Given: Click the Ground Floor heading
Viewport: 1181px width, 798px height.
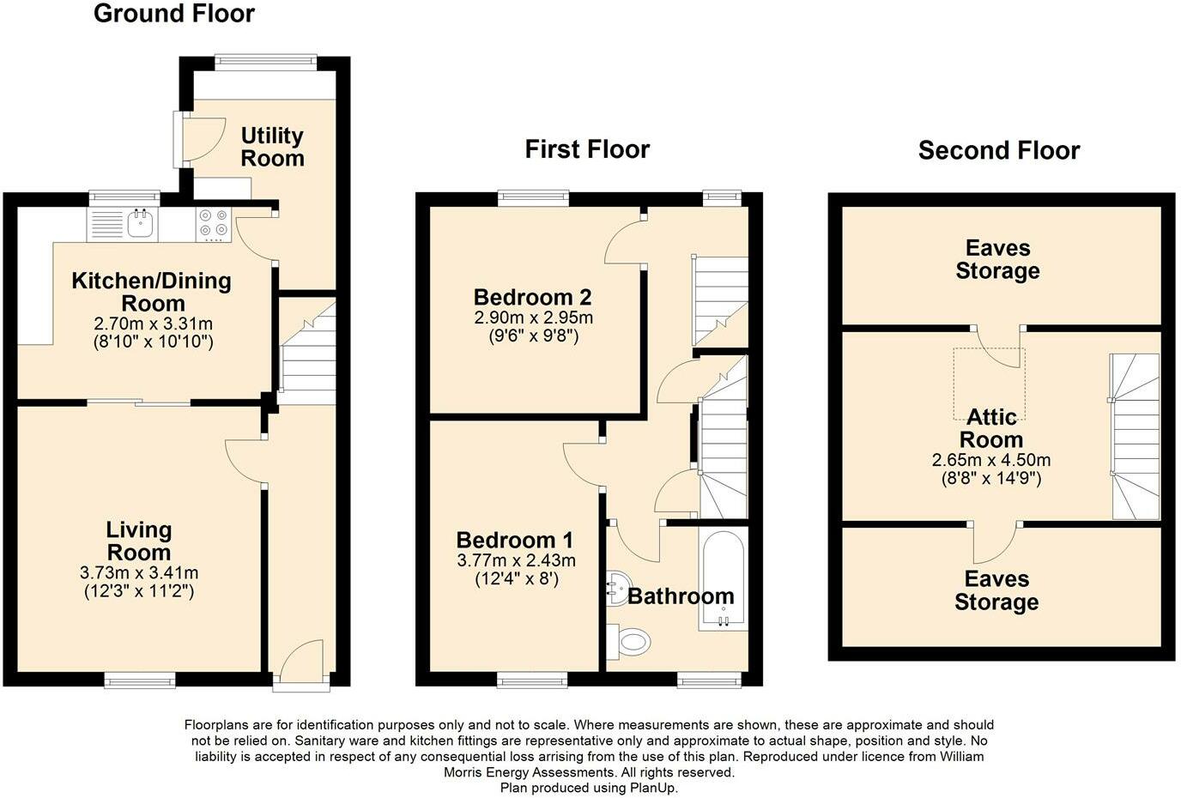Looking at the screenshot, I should tap(173, 14).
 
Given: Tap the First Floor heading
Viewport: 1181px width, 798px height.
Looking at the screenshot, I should tap(587, 149).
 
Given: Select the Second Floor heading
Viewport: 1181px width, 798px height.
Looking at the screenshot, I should tap(998, 151).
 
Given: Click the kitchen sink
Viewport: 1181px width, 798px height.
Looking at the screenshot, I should tap(140, 224).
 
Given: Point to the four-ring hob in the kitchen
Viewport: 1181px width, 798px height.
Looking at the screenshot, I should tap(214, 225).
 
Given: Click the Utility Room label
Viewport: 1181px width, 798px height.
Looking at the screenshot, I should tap(272, 147).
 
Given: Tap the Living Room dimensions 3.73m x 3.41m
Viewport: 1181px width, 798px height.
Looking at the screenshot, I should tap(139, 572).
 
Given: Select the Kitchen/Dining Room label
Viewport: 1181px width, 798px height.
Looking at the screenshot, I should tap(152, 292).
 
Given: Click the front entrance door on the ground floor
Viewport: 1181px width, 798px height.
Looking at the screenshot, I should tap(300, 665).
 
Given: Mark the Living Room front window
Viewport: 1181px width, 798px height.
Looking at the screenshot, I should tap(140, 680).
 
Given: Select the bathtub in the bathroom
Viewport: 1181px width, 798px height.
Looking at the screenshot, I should tap(724, 580).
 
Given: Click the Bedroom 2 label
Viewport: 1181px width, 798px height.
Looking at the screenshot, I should tap(532, 297).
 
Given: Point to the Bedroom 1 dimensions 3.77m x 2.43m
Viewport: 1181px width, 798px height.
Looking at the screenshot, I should tap(516, 560).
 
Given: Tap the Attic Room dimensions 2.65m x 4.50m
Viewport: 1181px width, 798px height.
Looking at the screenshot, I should tap(991, 460).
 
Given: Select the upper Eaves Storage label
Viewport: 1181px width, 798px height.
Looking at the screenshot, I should tap(997, 259).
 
